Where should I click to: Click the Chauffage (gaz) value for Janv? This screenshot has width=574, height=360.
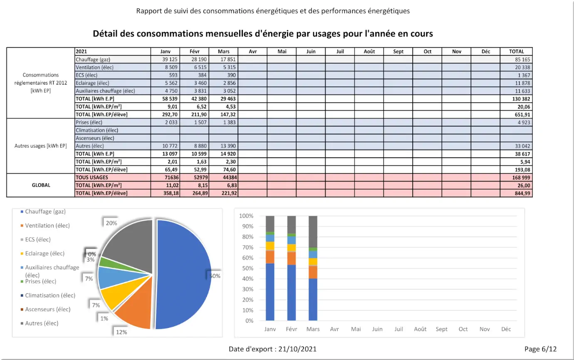click(x=170, y=60)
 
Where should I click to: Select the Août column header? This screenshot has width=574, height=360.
click(x=369, y=52)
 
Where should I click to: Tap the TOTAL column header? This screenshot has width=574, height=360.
click(x=516, y=52)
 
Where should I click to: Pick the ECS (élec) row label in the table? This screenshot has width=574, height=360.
click(x=87, y=75)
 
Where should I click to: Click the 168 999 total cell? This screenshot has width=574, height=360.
click(x=522, y=177)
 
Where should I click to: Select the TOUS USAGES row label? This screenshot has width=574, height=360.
click(x=92, y=177)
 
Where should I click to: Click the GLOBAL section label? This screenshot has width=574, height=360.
click(x=41, y=185)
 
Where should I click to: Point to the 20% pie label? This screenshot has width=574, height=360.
click(x=111, y=223)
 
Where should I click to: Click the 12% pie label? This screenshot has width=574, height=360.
click(x=121, y=332)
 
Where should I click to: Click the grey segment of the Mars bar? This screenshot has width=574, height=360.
click(x=313, y=232)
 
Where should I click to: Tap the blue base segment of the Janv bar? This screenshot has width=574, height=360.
click(x=270, y=292)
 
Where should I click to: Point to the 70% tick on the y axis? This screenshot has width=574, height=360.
click(x=247, y=248)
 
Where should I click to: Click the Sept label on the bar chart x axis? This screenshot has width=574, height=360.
click(x=441, y=329)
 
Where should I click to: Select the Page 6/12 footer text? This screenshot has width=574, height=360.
click(x=540, y=349)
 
